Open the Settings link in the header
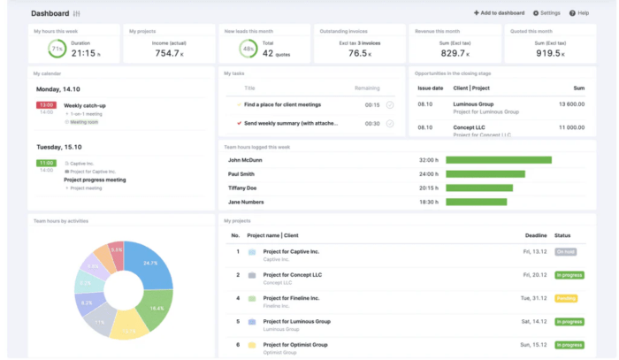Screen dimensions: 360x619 click(546, 13)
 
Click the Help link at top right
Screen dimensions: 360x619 click(579, 13)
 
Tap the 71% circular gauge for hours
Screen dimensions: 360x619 click(57, 50)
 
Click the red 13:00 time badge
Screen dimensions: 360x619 click(46, 105)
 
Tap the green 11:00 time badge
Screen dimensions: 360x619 click(46, 164)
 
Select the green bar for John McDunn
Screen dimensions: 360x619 click(499, 160)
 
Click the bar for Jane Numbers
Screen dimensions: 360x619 click(477, 202)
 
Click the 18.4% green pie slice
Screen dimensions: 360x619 click(157, 307)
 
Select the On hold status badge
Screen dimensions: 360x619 click(565, 251)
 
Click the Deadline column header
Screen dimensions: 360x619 click(535, 235)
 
